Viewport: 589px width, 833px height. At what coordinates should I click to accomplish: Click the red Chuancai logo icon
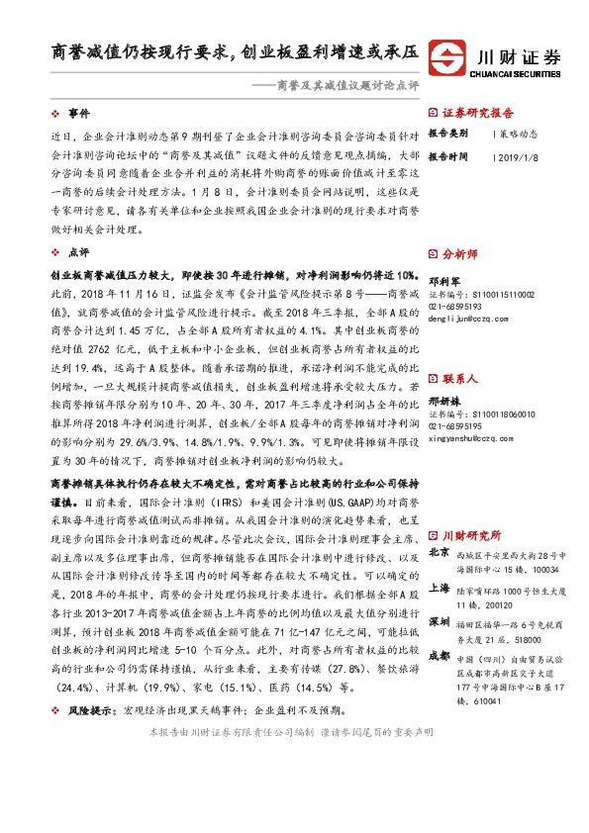(452, 57)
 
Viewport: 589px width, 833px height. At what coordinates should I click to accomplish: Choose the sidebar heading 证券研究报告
(477, 113)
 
